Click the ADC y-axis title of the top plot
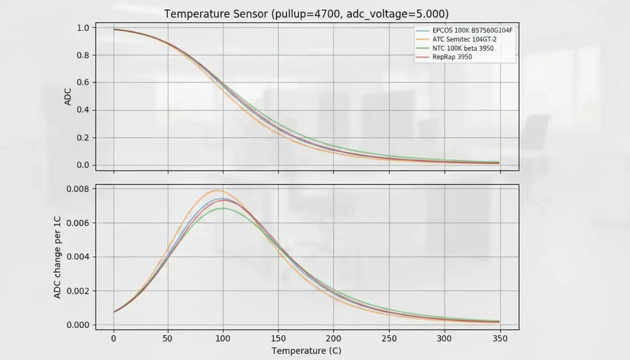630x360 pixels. click(68, 96)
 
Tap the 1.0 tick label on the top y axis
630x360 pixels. click(82, 28)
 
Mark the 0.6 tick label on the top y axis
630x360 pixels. click(82, 82)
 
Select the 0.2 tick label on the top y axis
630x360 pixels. click(82, 138)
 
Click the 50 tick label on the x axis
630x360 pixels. click(168, 338)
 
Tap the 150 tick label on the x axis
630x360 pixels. click(278, 338)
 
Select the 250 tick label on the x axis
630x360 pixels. click(389, 338)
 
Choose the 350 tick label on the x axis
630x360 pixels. click(500, 338)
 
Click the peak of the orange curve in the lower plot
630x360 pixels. click(217, 190)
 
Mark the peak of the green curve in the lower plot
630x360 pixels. click(223, 208)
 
